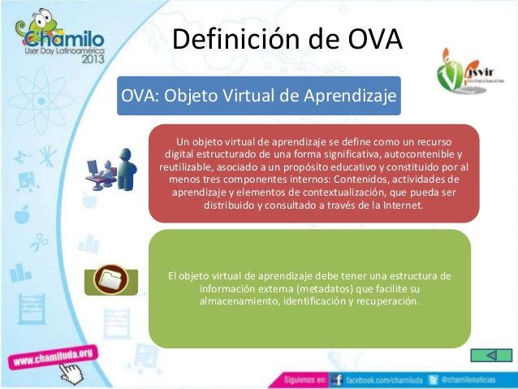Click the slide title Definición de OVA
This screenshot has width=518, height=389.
coord(288,38)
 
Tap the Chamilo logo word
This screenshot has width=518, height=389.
coord(60,39)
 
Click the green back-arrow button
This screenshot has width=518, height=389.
coord(491,356)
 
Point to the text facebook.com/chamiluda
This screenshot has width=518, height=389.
coord(382,379)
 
